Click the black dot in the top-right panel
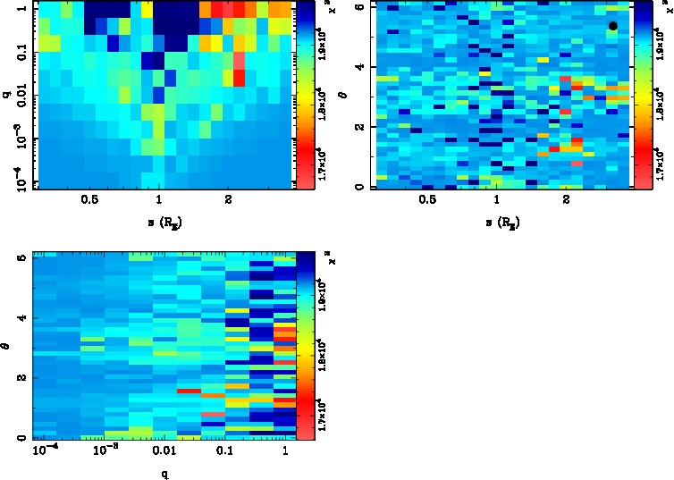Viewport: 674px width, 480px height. pos(613,26)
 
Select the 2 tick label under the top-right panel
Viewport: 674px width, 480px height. pos(567,201)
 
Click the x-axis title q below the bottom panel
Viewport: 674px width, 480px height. pos(164,473)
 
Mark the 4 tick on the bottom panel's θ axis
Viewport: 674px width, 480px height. pos(21,317)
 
